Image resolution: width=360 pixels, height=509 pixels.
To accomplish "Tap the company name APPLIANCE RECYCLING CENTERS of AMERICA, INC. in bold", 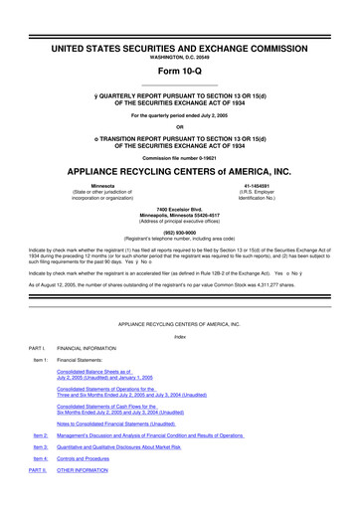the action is click(x=180, y=171).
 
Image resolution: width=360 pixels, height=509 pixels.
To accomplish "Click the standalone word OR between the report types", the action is click(x=180, y=125).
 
